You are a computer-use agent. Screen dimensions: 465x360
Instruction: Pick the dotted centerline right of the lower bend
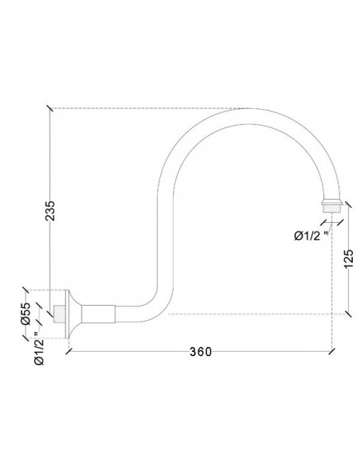click(255, 314)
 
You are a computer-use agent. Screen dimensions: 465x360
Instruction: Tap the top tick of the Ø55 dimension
click(28, 291)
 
